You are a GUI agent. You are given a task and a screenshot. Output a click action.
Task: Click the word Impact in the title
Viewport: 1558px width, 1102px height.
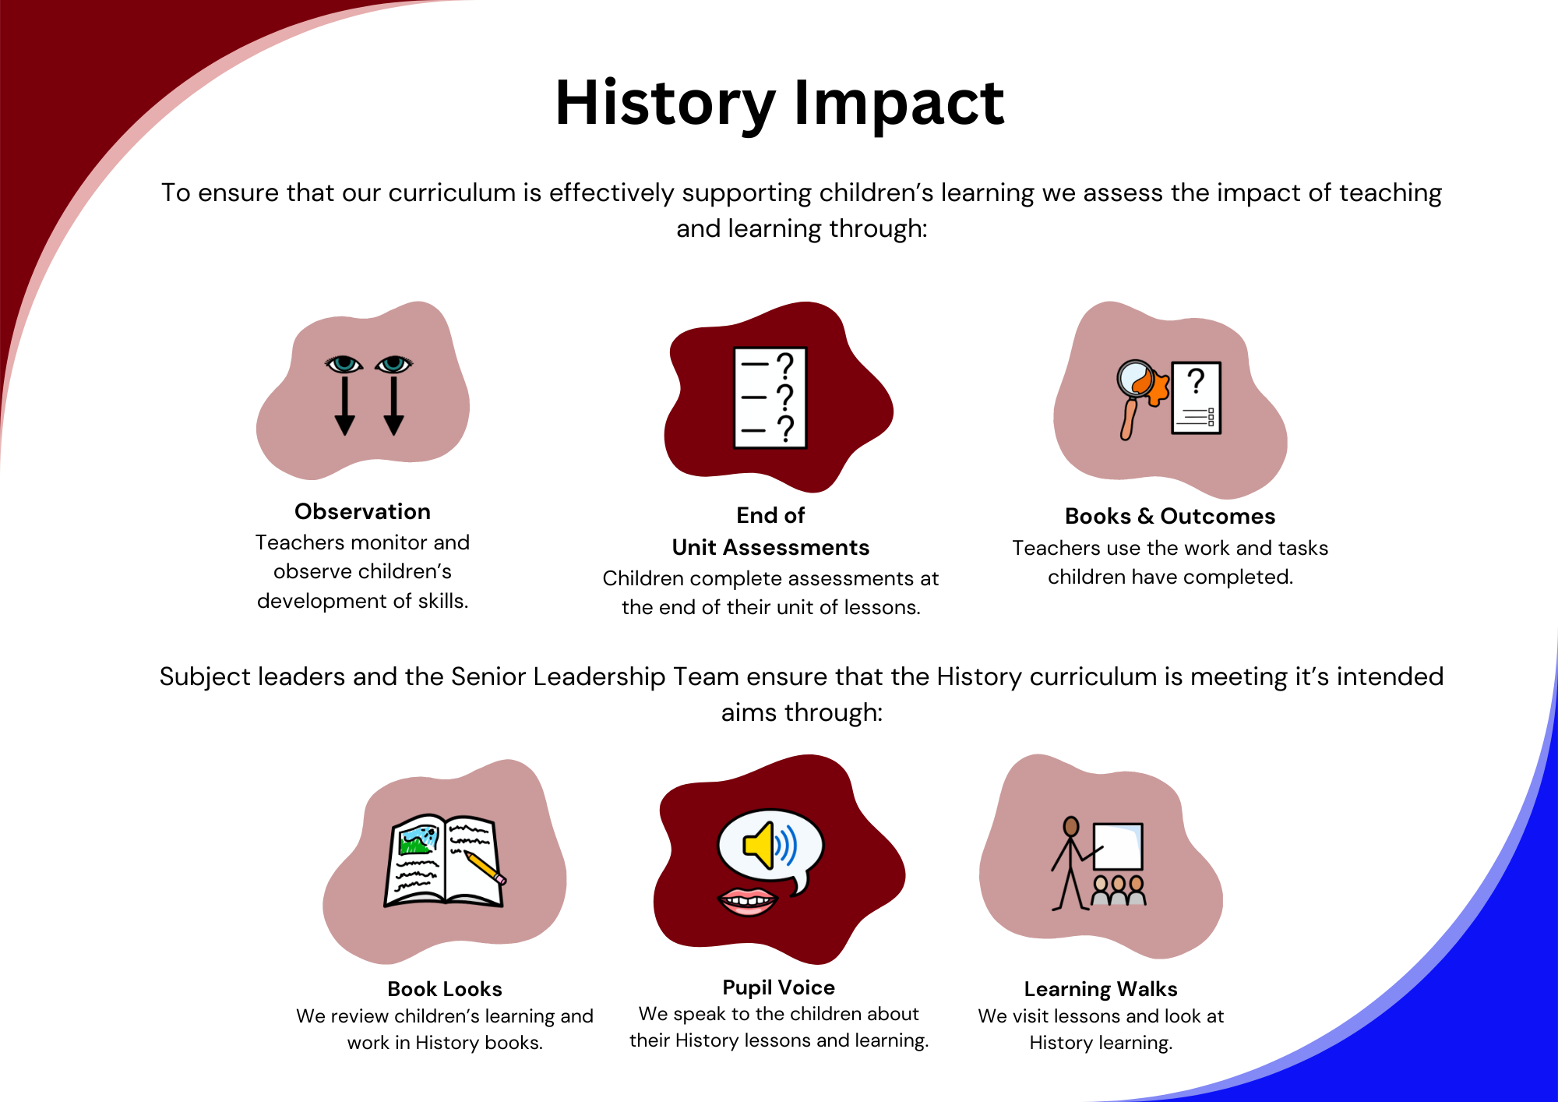pyautogui.click(x=899, y=104)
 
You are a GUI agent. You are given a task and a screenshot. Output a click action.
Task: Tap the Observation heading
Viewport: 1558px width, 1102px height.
pyautogui.click(x=362, y=511)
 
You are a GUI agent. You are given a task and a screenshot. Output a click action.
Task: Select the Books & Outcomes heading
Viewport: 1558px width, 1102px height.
pyautogui.click(x=1170, y=516)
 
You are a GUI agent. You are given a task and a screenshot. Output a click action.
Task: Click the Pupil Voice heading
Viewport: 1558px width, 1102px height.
pyautogui.click(x=778, y=987)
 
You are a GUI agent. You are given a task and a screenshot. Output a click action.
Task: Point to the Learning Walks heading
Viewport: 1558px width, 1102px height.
pyautogui.click(x=1101, y=989)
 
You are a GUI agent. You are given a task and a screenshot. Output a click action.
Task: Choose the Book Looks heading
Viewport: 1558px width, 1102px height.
pyautogui.click(x=445, y=989)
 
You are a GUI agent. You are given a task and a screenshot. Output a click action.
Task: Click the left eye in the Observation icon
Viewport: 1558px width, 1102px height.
pyautogui.click(x=344, y=364)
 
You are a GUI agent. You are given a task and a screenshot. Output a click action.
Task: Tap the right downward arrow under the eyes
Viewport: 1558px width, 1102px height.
pyautogui.click(x=394, y=405)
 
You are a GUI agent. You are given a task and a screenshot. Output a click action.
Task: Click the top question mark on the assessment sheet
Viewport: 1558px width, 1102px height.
pyautogui.click(x=786, y=365)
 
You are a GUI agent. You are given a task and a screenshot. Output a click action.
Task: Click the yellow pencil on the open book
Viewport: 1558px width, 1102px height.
pyautogui.click(x=485, y=867)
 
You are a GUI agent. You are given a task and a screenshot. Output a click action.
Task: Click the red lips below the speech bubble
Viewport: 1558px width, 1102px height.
pyautogui.click(x=747, y=902)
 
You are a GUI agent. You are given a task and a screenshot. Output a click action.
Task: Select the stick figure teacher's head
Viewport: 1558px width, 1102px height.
pyautogui.click(x=1071, y=827)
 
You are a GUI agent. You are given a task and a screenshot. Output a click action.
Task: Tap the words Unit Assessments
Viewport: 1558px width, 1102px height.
pyautogui.click(x=770, y=547)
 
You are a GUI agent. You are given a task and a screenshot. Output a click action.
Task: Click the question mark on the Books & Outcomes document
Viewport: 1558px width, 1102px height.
pyautogui.click(x=1196, y=381)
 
